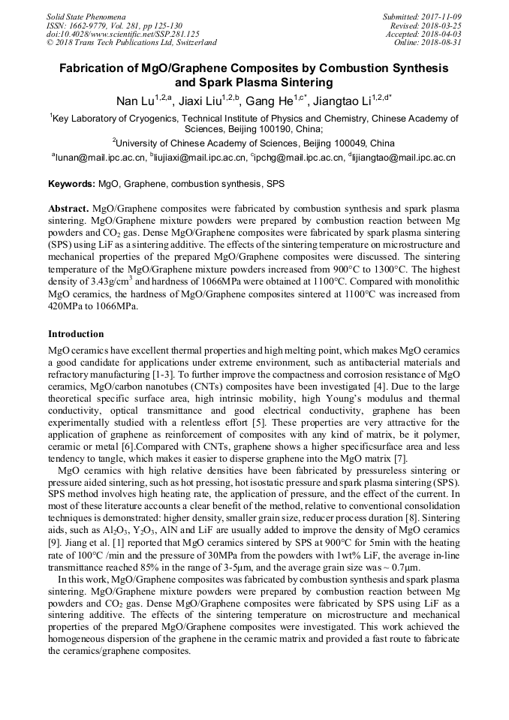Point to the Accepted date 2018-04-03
click(x=443, y=34)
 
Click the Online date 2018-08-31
click(x=443, y=43)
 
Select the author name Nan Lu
click(x=134, y=101)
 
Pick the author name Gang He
click(x=269, y=101)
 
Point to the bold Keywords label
click(x=72, y=184)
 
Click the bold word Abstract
click(x=68, y=207)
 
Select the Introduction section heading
click(x=76, y=333)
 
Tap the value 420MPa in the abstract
click(x=70, y=306)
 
